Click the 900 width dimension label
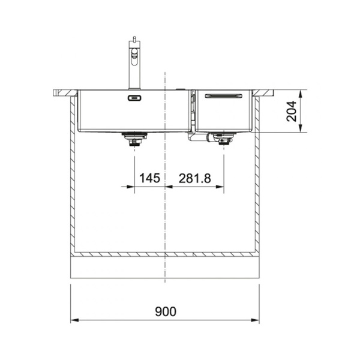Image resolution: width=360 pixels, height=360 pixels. [166, 311]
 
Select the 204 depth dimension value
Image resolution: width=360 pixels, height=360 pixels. [292, 112]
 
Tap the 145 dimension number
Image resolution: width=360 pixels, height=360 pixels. [149, 178]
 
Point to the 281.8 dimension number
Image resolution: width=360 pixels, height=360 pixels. [194, 178]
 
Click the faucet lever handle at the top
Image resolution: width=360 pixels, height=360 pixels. [134, 38]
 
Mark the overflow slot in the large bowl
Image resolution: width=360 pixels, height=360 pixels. [134, 98]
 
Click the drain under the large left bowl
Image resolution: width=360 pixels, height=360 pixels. [134, 139]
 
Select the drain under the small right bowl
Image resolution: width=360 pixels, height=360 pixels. [223, 139]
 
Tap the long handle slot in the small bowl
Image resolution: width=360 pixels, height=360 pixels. [223, 96]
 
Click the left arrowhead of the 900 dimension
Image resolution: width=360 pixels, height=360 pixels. [74, 320]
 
